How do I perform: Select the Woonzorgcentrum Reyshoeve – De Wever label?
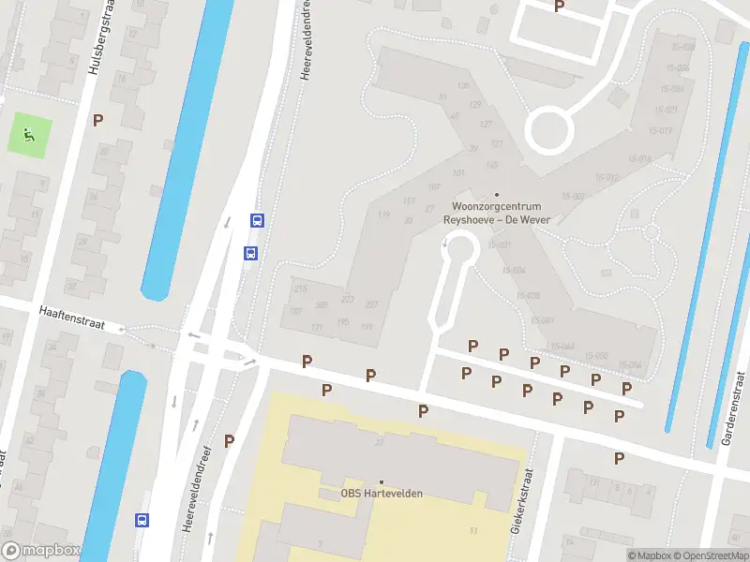point(496,213)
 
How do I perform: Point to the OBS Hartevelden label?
point(381,494)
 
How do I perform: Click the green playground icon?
point(30,135)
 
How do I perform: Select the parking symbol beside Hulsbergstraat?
point(97,120)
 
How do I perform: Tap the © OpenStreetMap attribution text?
point(705,555)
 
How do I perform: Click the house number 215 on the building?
point(301,288)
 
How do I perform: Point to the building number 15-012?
point(605,177)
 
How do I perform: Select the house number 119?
point(383,214)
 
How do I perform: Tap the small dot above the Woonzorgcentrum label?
point(497,195)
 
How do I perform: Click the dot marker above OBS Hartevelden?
point(381,481)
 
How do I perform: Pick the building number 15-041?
point(543,320)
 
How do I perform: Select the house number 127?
point(486,125)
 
